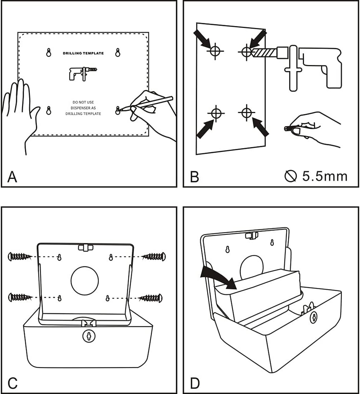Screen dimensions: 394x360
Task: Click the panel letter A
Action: (x=12, y=177)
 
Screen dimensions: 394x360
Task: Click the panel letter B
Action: (x=194, y=177)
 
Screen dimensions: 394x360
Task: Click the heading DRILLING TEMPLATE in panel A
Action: (x=83, y=53)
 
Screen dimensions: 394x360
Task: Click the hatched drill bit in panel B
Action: (x=266, y=53)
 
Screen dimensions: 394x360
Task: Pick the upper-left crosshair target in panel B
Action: (x=215, y=51)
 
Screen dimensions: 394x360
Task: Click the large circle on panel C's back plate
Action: (x=85, y=280)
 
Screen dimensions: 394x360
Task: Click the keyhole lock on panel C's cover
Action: (x=89, y=336)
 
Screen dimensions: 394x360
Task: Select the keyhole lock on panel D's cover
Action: (x=313, y=317)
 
